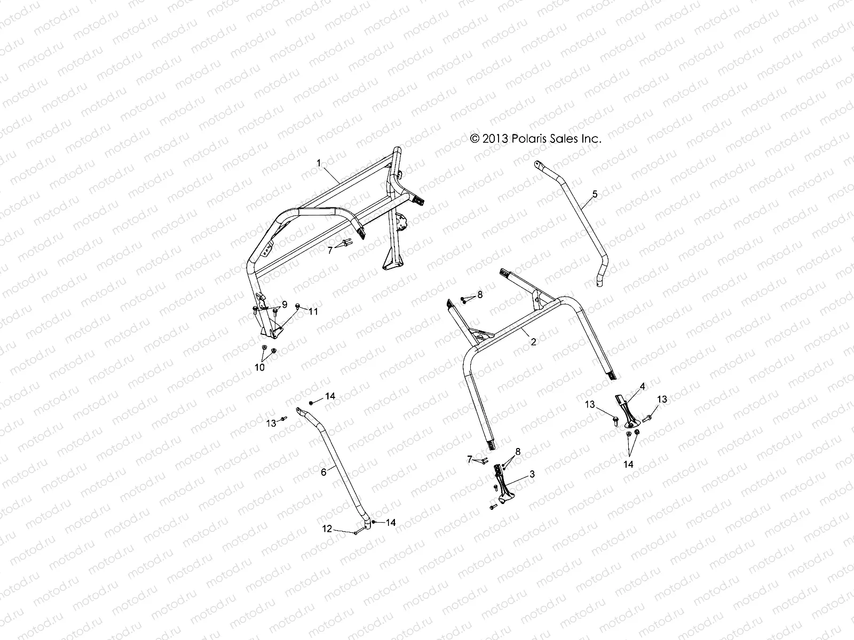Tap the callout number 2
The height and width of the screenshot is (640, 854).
click(x=533, y=342)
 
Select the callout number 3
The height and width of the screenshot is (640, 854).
click(x=532, y=474)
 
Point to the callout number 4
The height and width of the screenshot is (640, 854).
click(x=643, y=386)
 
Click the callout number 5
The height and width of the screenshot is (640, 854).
click(x=595, y=194)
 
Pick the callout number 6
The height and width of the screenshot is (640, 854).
click(x=323, y=472)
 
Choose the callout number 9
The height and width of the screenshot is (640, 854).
click(x=284, y=304)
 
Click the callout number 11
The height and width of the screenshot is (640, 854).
click(x=313, y=311)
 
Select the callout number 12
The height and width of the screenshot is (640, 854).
click(x=327, y=529)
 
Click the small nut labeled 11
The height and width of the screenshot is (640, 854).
click(x=298, y=307)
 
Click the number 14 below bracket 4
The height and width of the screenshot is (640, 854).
click(x=629, y=465)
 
